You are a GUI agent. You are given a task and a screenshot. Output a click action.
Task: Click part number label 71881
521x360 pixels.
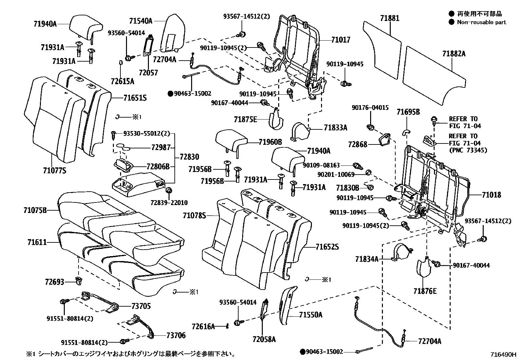pyautogui.click(x=389, y=18)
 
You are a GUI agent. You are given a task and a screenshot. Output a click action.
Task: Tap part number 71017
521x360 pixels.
pyautogui.click(x=340, y=40)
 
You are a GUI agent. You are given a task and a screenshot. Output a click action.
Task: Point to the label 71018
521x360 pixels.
pyautogui.click(x=491, y=195)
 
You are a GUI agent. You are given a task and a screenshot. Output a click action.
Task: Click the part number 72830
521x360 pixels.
pyautogui.click(x=189, y=157)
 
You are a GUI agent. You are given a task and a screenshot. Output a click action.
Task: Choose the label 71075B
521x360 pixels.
pyautogui.click(x=35, y=210)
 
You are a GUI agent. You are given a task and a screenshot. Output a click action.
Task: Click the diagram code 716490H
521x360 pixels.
pyautogui.click(x=503, y=354)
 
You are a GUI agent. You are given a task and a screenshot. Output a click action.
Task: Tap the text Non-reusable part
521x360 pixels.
pyautogui.click(x=481, y=22)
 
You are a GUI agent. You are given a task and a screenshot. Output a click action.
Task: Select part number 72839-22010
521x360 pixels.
pyautogui.click(x=170, y=203)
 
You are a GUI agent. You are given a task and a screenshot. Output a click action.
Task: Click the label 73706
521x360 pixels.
pyautogui.click(x=176, y=335)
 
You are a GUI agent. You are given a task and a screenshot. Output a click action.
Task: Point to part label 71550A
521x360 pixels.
pyautogui.click(x=311, y=315)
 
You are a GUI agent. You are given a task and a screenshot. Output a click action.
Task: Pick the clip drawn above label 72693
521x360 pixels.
pyautogui.click(x=79, y=280)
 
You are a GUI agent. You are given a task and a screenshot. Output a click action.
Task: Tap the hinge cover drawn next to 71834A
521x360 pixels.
pyautogui.click(x=401, y=252)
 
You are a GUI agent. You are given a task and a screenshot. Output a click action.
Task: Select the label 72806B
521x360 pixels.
pyautogui.click(x=158, y=167)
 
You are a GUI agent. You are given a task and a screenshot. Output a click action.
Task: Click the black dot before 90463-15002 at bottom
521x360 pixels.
pyautogui.click(x=303, y=352)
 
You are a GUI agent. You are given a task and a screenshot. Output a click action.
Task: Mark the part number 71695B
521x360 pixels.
pyautogui.click(x=408, y=112)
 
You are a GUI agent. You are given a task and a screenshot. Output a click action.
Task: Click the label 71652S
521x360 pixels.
pyautogui.click(x=327, y=247)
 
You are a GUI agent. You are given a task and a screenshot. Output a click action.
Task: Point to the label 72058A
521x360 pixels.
pyautogui.click(x=264, y=339)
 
